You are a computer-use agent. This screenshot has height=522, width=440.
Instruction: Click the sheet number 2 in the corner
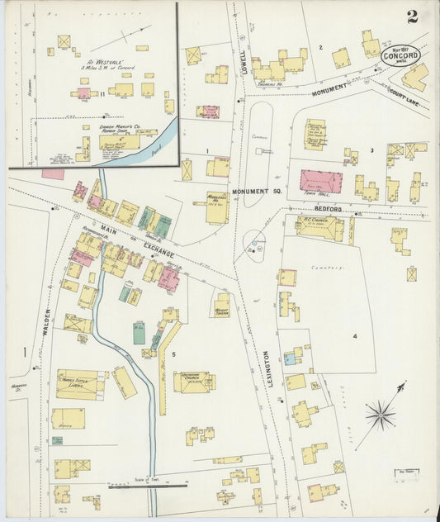411,16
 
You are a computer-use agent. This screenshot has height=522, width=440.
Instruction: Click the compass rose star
381,414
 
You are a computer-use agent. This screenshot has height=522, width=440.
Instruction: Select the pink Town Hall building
320,181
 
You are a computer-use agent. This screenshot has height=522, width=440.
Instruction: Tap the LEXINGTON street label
267,369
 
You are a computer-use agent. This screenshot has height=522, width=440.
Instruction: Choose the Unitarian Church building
194,381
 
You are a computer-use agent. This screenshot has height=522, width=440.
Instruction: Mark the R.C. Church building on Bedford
320,226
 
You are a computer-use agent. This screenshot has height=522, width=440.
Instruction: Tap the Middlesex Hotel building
217,206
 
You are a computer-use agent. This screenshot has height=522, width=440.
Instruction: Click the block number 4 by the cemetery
355,336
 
